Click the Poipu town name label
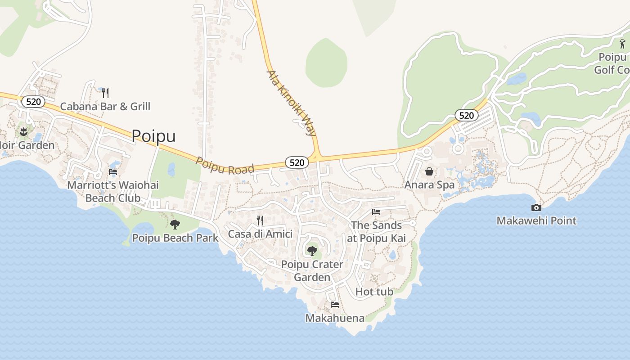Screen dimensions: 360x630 click(153, 136)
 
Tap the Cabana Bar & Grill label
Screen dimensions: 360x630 click(105, 107)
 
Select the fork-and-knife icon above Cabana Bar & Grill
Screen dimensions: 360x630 click(105, 93)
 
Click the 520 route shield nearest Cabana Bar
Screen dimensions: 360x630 click(33, 102)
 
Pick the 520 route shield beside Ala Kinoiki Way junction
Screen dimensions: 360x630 click(297, 162)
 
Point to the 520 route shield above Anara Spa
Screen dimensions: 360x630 click(466, 116)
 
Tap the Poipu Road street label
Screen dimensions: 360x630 click(225, 165)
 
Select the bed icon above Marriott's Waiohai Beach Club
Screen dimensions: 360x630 click(113, 171)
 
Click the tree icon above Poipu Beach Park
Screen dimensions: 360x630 click(175, 224)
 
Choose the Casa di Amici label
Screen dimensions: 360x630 click(260, 234)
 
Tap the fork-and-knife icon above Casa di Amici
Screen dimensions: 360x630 click(260, 220)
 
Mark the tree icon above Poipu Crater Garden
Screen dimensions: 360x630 click(312, 251)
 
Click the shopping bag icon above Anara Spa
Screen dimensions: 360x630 click(429, 171)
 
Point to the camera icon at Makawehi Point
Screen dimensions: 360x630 click(536, 207)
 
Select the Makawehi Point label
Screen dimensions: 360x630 click(536, 220)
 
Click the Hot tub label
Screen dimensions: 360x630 click(374, 292)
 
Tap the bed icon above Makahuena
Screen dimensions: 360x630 click(334, 305)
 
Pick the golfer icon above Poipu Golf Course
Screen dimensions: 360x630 click(622, 44)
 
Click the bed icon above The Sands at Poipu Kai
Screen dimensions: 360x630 click(376, 212)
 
